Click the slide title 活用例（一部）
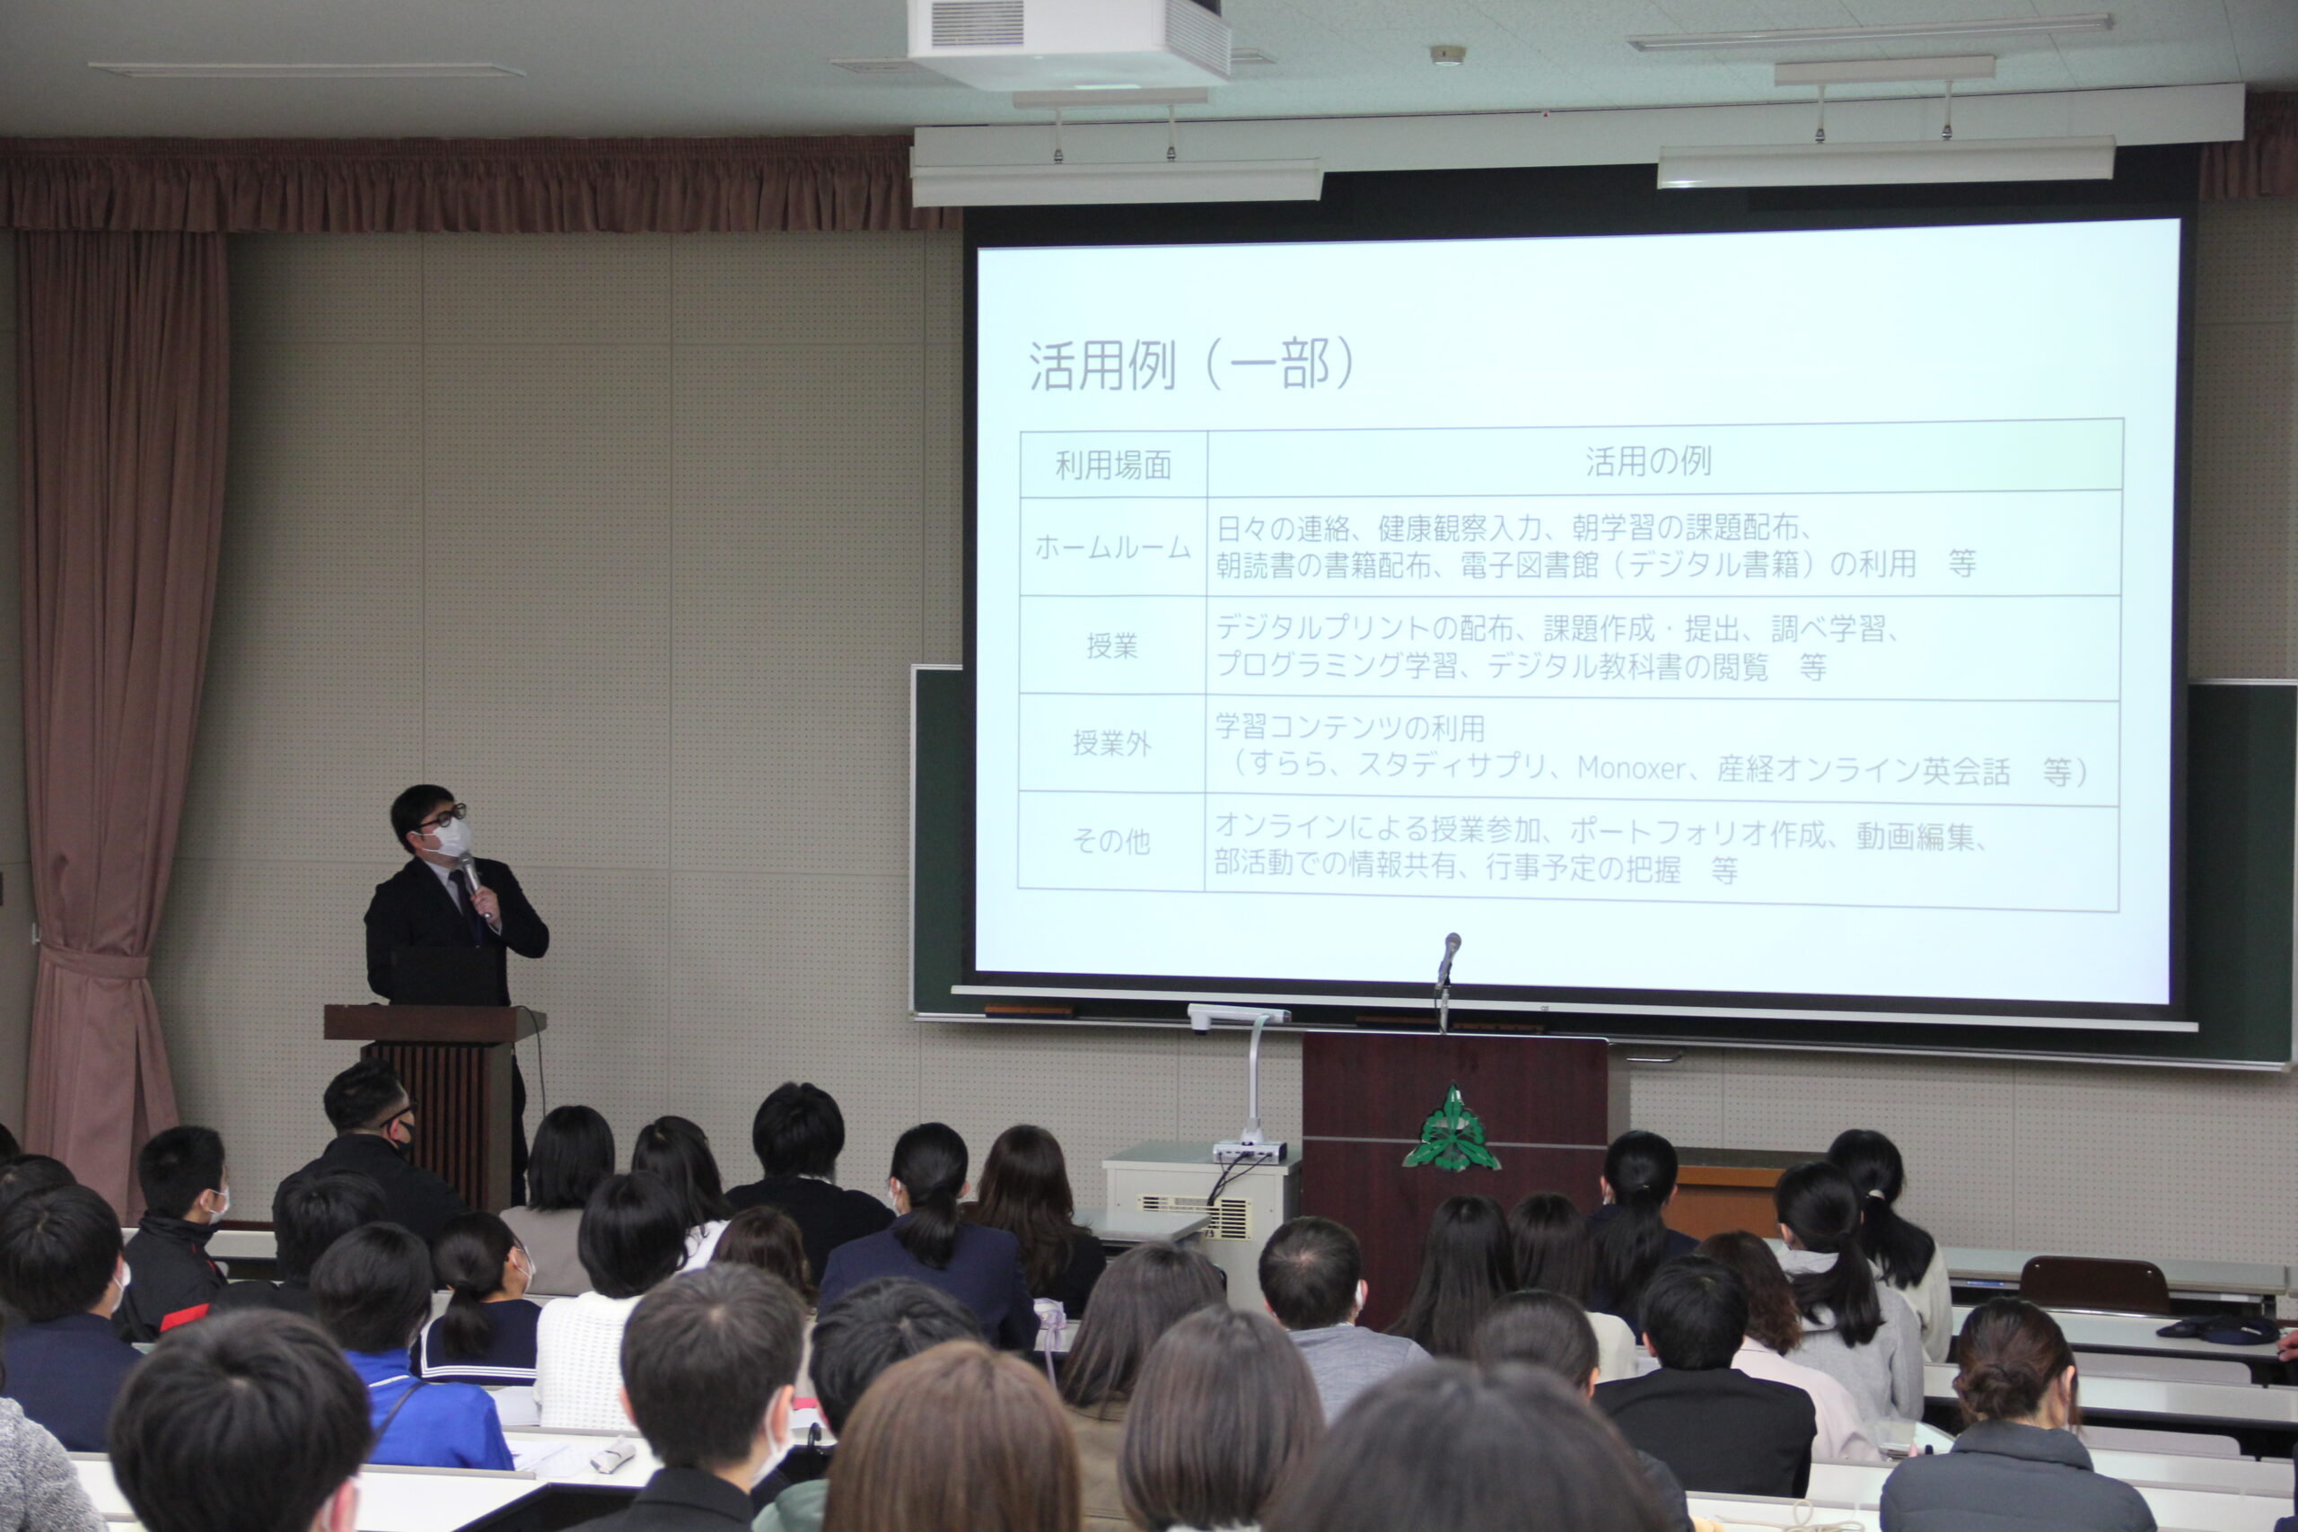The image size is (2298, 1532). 1191,365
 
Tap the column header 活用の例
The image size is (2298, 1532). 1648,461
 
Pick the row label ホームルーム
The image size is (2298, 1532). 1112,547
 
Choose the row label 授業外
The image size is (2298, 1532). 1112,743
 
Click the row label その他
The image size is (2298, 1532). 1111,840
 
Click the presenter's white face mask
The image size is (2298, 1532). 451,838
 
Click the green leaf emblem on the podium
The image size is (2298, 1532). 1452,1131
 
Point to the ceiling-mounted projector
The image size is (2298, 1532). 1068,41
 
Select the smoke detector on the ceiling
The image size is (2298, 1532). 1447,54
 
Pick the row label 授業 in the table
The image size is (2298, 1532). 1112,646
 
